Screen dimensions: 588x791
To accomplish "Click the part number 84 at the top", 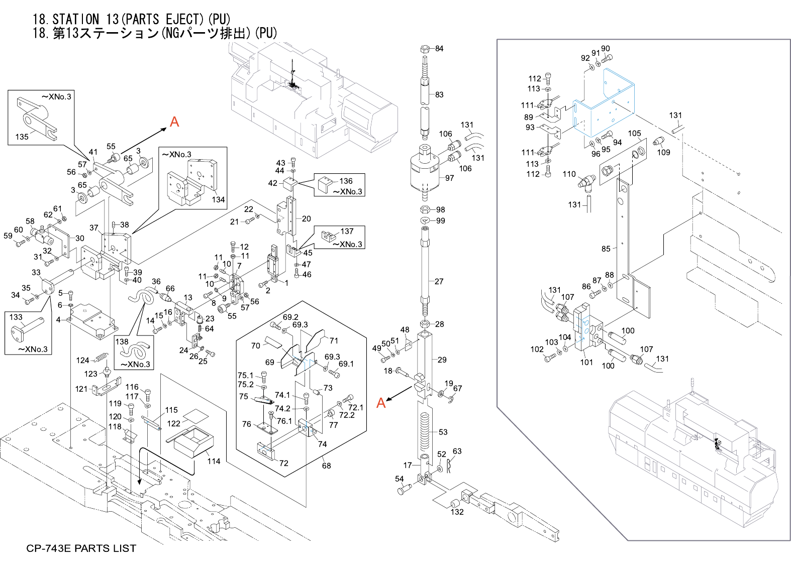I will [x=439, y=49].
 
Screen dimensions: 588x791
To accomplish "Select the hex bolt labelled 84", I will [x=425, y=49].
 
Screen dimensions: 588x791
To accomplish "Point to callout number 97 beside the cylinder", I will [x=449, y=178].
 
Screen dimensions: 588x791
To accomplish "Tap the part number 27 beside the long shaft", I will [x=439, y=282].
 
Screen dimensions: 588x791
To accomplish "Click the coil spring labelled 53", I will [x=425, y=431].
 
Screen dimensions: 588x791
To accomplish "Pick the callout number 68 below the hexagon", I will [x=326, y=466].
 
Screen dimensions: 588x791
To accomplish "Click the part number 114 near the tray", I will [x=214, y=461].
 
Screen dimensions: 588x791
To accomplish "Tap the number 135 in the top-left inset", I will [x=22, y=137].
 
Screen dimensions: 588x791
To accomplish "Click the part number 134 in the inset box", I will [x=218, y=200].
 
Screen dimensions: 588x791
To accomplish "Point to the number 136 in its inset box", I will [x=346, y=181].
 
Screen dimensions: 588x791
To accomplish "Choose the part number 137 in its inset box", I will [x=347, y=231].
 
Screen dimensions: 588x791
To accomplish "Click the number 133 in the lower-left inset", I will [x=16, y=317].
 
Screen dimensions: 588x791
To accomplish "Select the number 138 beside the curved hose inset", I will [x=122, y=342].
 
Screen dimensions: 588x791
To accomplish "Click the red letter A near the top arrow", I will [x=174, y=122].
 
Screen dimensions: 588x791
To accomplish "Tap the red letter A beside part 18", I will [x=381, y=403].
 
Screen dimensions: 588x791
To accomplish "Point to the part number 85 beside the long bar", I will [x=606, y=249].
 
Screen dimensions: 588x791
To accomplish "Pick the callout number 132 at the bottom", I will [x=457, y=512].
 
